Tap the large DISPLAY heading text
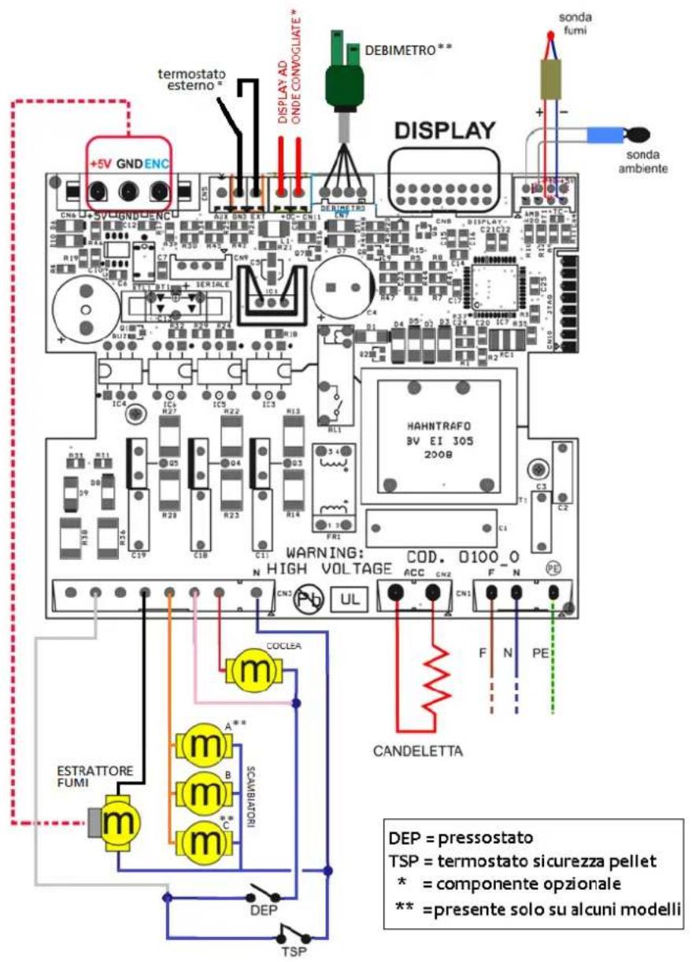coord(445,131)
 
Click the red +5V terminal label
coord(100,166)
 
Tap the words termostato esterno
coord(189,79)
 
